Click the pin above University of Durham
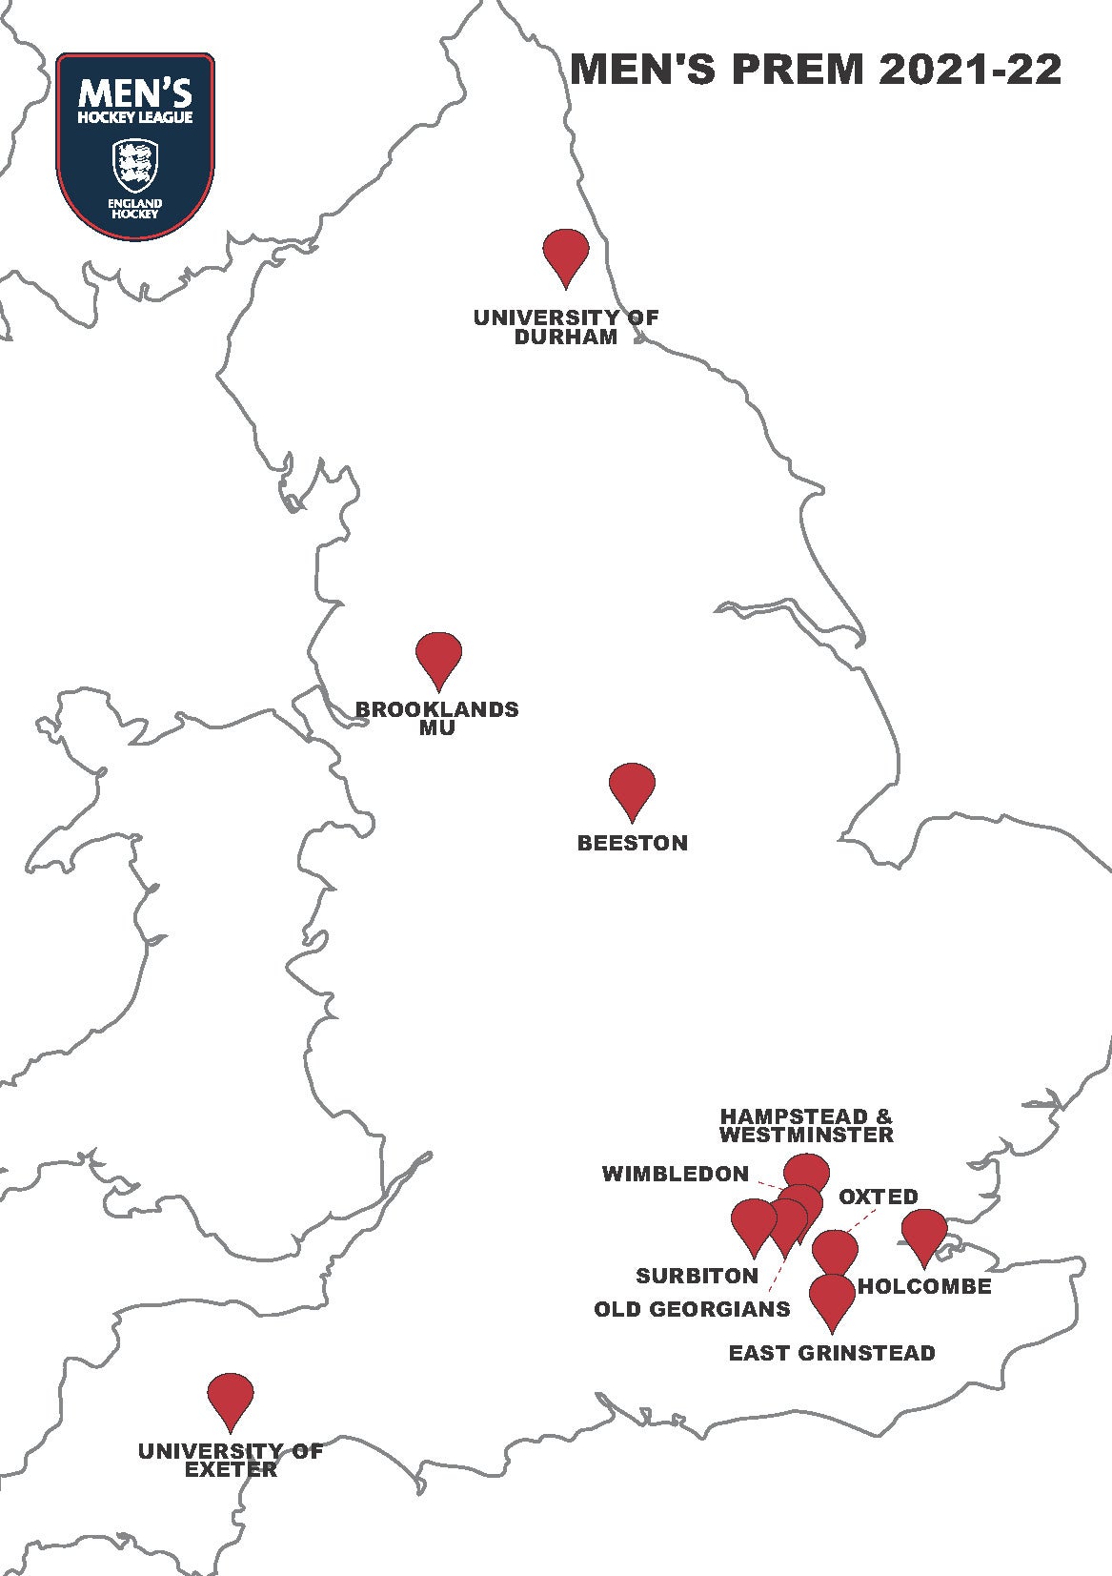(566, 253)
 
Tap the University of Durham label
(566, 327)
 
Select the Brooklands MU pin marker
(439, 656)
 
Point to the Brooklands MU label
(437, 718)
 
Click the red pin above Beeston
(633, 787)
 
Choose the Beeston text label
(633, 843)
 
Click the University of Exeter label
(231, 1460)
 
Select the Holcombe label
(924, 1287)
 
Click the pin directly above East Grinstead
(832, 1298)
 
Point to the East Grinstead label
(832, 1353)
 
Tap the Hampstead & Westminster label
(807, 1125)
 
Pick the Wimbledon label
(676, 1174)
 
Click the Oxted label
(879, 1197)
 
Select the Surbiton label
(698, 1276)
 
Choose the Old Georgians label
(692, 1309)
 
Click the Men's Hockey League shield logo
(135, 144)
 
